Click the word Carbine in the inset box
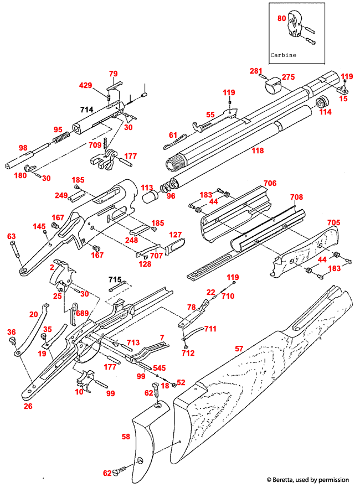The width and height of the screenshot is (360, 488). tap(283, 55)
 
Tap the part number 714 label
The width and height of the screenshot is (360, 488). tap(87, 110)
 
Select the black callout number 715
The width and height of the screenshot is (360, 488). tap(115, 280)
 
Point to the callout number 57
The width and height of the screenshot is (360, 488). tap(239, 349)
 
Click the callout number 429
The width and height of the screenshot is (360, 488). tap(85, 85)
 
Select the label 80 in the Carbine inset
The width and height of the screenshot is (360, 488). tap(282, 18)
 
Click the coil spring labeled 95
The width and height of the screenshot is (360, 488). tap(61, 136)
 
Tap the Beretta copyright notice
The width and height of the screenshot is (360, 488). tap(307, 479)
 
